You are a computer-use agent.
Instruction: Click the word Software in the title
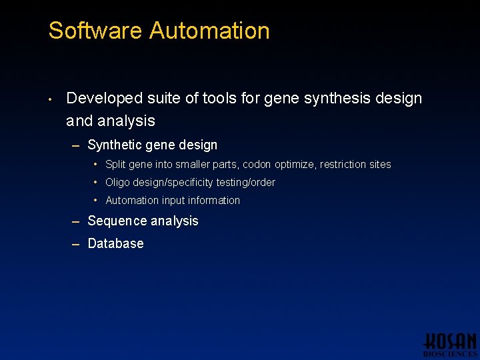point(95,31)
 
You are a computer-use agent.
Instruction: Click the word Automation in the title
point(209,31)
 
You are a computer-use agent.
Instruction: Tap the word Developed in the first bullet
point(105,99)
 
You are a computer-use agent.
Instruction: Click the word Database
point(115,244)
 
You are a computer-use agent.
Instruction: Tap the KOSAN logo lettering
point(450,340)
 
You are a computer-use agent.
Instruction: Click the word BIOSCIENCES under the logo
point(450,353)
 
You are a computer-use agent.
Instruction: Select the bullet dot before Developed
point(50,100)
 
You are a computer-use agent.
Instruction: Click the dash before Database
point(77,245)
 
